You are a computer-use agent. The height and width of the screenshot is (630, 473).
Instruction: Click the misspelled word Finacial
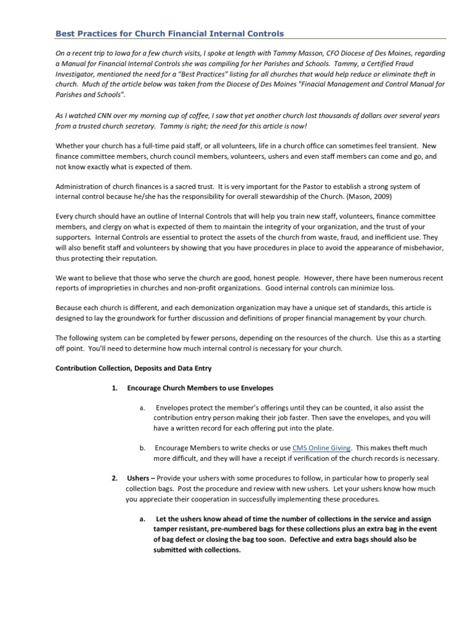click(318, 85)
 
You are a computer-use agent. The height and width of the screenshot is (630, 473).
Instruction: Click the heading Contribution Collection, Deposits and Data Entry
click(134, 369)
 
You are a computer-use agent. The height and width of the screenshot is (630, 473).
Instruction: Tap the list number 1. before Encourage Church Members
click(115, 389)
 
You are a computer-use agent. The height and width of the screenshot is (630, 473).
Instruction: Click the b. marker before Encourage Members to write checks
click(142, 449)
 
